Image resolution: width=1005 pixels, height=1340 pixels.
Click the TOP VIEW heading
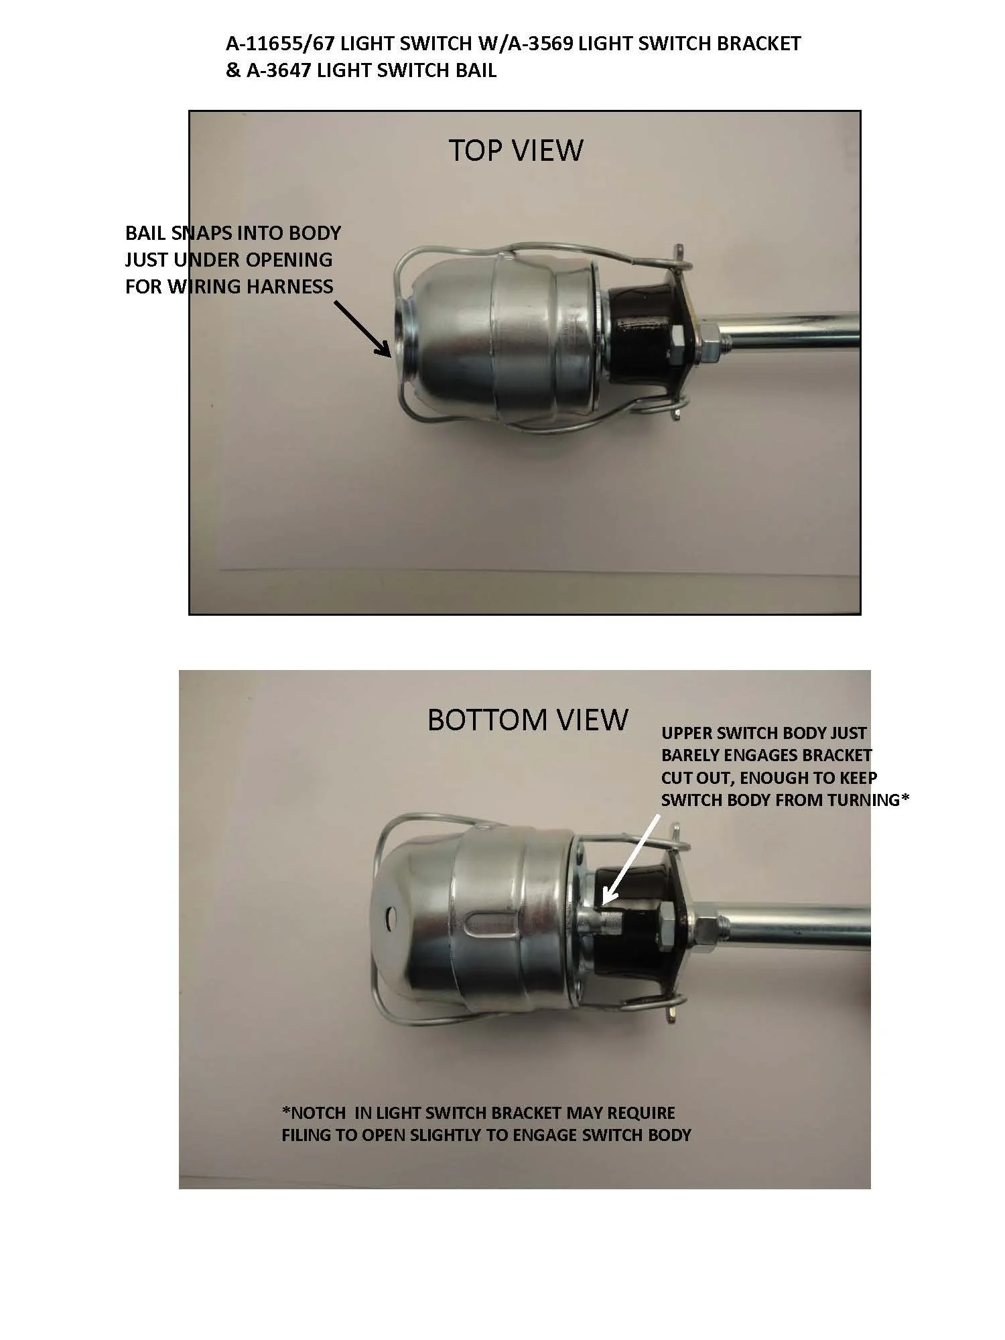click(515, 150)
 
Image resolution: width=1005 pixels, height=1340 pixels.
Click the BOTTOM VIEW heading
click(528, 720)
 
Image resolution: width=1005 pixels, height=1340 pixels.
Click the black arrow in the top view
click(361, 328)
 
